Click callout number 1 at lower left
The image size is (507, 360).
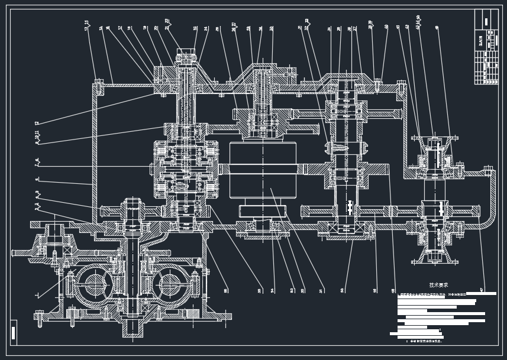click(37, 294)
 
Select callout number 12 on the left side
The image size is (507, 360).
click(37, 123)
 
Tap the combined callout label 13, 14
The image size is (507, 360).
click(86, 27)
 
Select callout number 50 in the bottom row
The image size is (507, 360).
click(343, 290)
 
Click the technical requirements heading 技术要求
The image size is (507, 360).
click(438, 284)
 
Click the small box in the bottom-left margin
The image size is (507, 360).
click(14, 330)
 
